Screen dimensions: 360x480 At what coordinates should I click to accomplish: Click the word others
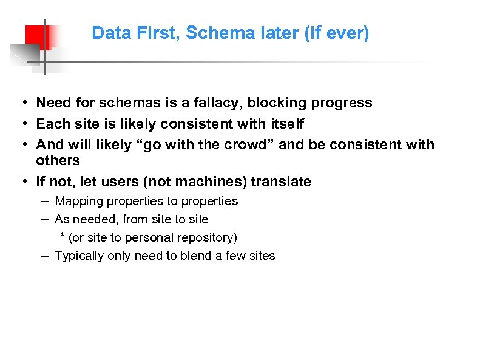tap(58, 160)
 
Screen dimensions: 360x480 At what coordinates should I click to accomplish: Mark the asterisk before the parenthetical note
tap(62, 236)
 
